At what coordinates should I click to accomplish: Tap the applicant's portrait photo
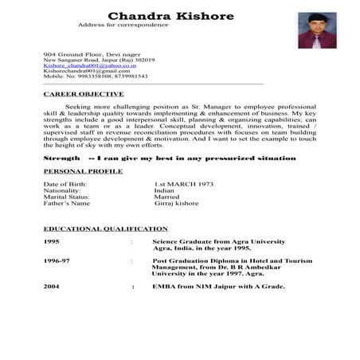[317, 30]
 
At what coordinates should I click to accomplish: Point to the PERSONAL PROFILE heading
[83, 171]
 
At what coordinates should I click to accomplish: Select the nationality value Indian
[165, 190]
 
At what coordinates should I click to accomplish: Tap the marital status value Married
[166, 197]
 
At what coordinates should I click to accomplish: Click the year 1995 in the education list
[52, 241]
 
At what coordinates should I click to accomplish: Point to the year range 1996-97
[57, 260]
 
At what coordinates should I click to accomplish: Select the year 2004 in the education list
[52, 285]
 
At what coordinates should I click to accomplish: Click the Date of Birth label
[65, 184]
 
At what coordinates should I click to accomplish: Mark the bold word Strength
[61, 158]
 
